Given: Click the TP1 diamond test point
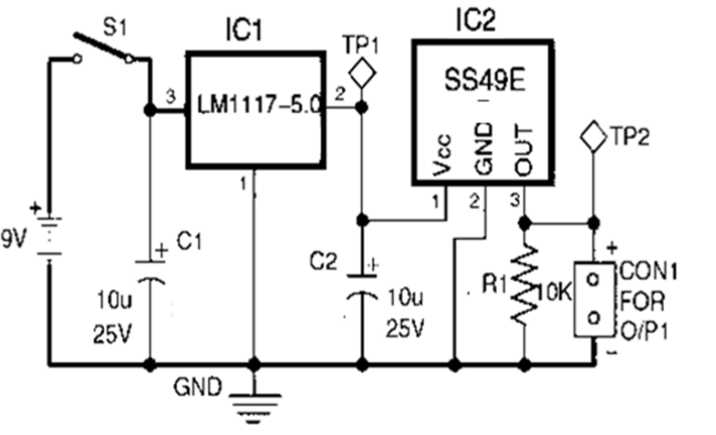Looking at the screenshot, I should (361, 71).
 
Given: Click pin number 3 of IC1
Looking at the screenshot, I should (168, 96).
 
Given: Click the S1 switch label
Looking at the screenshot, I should (113, 22).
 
